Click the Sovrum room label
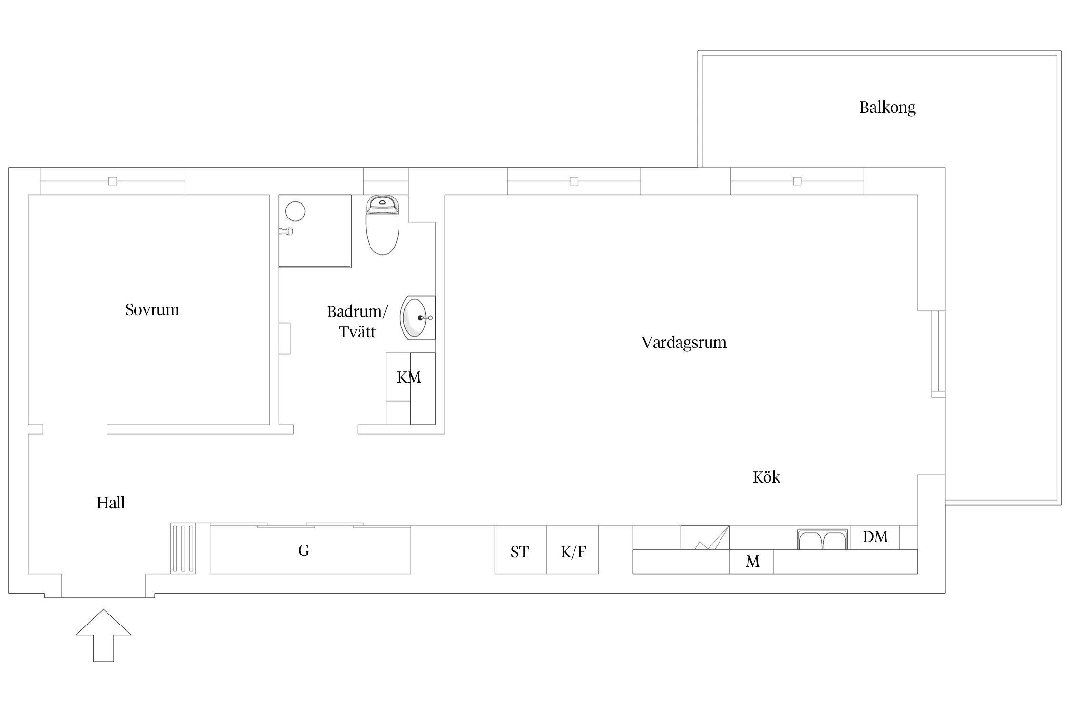(x=152, y=309)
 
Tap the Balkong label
(x=887, y=108)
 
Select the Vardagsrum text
(x=684, y=342)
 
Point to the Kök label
(x=767, y=477)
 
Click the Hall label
(x=110, y=503)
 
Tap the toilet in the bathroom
(x=382, y=225)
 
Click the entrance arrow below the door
(x=103, y=635)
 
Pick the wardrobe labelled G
(x=310, y=549)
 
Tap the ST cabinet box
(x=520, y=549)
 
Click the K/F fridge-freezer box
(x=573, y=549)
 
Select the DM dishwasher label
(x=875, y=537)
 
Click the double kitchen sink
(x=823, y=539)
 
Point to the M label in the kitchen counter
(x=752, y=562)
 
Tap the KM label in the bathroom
(x=409, y=377)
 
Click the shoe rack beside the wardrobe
(x=183, y=548)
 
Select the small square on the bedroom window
(x=113, y=181)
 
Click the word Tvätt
(x=357, y=332)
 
